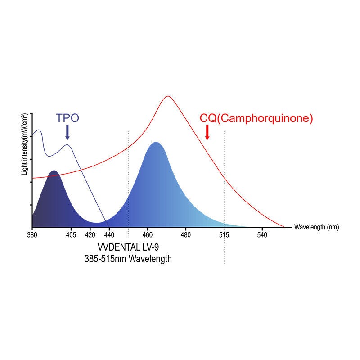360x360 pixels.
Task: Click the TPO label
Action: pyautogui.click(x=67, y=118)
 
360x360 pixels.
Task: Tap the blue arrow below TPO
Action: pyautogui.click(x=67, y=132)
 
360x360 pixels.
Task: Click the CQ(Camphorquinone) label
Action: pyautogui.click(x=256, y=118)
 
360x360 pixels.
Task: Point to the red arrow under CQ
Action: pyautogui.click(x=207, y=132)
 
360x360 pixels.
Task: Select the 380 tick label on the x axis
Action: pyautogui.click(x=31, y=235)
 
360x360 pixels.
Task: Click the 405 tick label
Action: pyautogui.click(x=70, y=235)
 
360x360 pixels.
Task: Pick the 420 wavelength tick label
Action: pyautogui.click(x=90, y=235)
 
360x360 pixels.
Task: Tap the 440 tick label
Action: pyautogui.click(x=109, y=235)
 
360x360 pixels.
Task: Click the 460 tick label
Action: pyautogui.click(x=148, y=235)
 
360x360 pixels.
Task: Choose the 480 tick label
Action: pyautogui.click(x=186, y=235)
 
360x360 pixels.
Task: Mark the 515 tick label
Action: pyautogui.click(x=224, y=235)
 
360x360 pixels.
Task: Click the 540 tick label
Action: pyautogui.click(x=262, y=235)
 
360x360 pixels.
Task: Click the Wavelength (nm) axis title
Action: pyautogui.click(x=316, y=227)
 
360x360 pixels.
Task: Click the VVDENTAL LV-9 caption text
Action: pyautogui.click(x=128, y=248)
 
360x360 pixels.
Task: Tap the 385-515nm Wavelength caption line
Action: pyautogui.click(x=128, y=259)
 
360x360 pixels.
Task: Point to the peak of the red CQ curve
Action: pyautogui.click(x=168, y=96)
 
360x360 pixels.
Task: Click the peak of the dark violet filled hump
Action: pyautogui.click(x=54, y=171)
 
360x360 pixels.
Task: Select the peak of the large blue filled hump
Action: pyautogui.click(x=156, y=143)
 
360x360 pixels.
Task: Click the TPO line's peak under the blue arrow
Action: pyautogui.click(x=67, y=144)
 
